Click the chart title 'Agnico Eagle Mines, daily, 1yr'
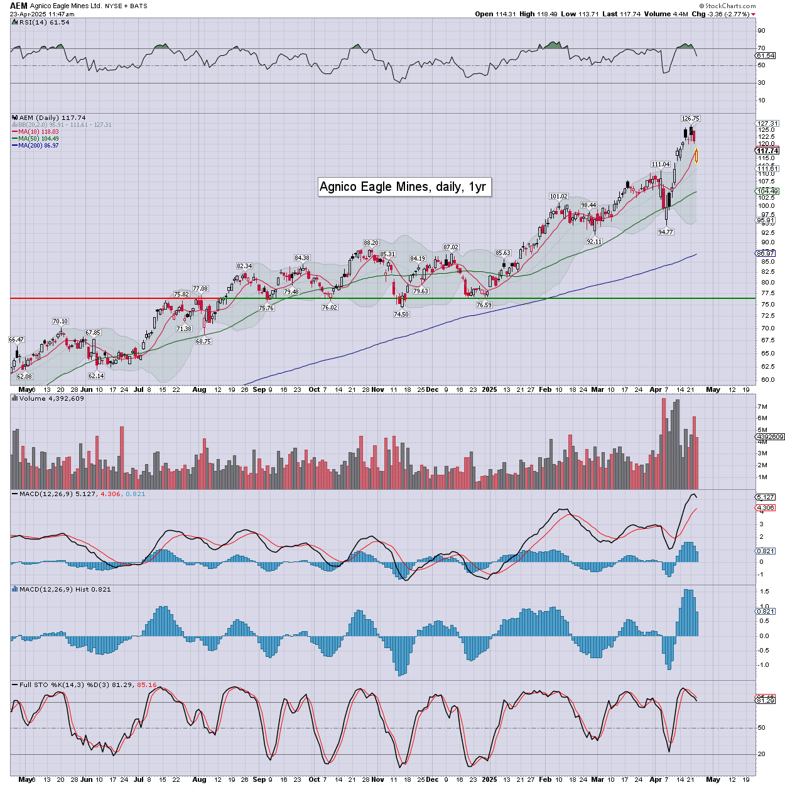403,187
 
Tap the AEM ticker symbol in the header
19,6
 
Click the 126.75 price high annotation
690,118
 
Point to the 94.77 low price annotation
665,232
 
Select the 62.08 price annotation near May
24,376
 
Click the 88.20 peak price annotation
371,242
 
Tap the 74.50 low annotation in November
401,314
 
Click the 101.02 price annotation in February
558,196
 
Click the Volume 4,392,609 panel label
51,399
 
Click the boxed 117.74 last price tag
767,151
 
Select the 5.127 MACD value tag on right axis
766,497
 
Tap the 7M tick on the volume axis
762,407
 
